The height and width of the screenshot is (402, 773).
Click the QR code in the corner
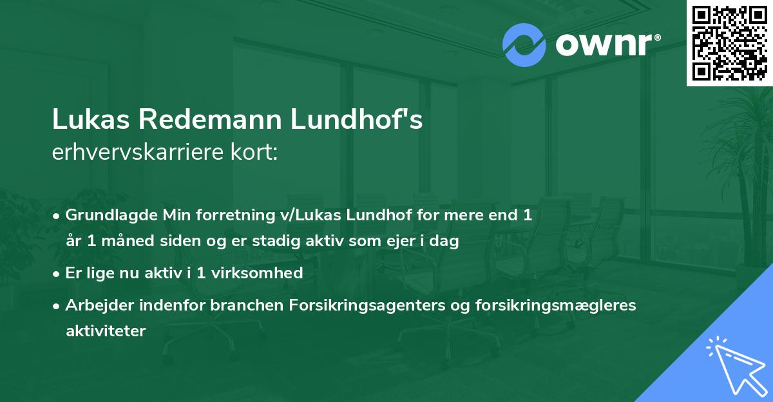point(730,43)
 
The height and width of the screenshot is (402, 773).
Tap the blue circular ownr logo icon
point(524,45)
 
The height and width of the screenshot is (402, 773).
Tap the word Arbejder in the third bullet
point(93,305)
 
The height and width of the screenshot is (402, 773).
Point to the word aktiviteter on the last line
point(106,331)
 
